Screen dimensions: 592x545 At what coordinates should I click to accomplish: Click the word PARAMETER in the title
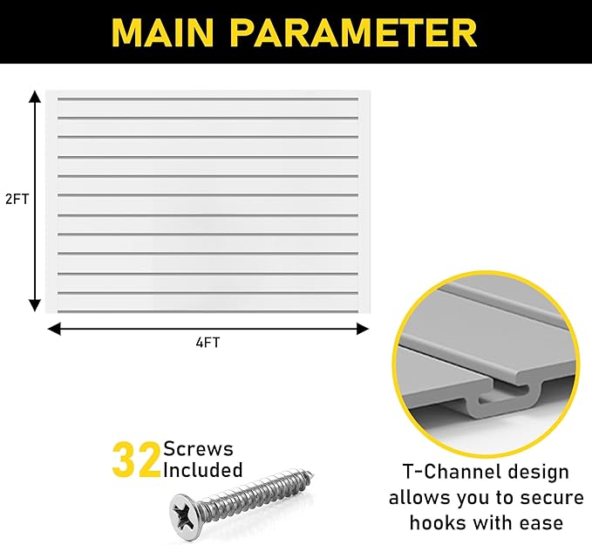pyautogui.click(x=354, y=32)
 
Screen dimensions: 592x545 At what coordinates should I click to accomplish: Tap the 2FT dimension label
pyautogui.click(x=17, y=199)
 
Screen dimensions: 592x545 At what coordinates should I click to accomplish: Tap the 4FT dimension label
pyautogui.click(x=208, y=343)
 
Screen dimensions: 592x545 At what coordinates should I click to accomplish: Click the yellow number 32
pyautogui.click(x=136, y=460)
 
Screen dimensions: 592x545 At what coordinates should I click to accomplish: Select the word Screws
pyautogui.click(x=198, y=449)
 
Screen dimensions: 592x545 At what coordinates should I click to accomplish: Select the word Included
pyautogui.click(x=203, y=470)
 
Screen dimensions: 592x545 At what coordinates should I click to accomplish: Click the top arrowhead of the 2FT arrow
pyautogui.click(x=35, y=96)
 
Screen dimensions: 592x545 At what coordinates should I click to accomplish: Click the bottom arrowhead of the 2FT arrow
pyautogui.click(x=35, y=305)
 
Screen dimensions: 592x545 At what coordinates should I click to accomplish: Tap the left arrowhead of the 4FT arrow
pyautogui.click(x=54, y=329)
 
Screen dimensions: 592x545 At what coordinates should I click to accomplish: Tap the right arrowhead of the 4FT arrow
pyautogui.click(x=363, y=329)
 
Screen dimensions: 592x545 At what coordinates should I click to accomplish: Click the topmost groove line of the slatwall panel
pyautogui.click(x=208, y=99)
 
